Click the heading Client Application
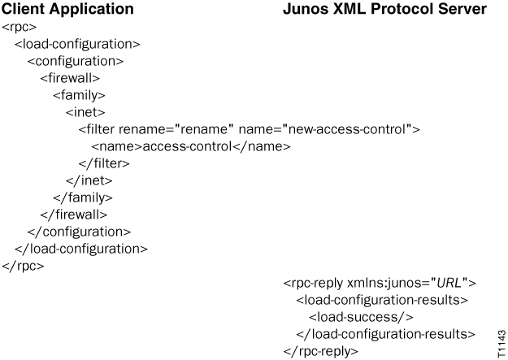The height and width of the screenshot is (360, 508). [x=67, y=10]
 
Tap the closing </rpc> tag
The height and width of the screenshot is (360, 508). [x=23, y=266]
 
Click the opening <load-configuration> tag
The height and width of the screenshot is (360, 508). [x=77, y=44]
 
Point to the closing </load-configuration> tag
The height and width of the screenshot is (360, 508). [x=81, y=249]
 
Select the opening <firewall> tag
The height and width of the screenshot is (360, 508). [x=70, y=78]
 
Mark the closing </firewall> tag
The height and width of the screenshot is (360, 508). [x=74, y=215]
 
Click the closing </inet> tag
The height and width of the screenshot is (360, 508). [x=89, y=180]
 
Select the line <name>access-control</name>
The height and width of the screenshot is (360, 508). [x=190, y=146]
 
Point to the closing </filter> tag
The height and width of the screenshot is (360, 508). [x=104, y=163]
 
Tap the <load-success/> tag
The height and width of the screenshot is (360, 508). [x=361, y=318]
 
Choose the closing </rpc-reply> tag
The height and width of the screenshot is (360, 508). [x=320, y=352]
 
